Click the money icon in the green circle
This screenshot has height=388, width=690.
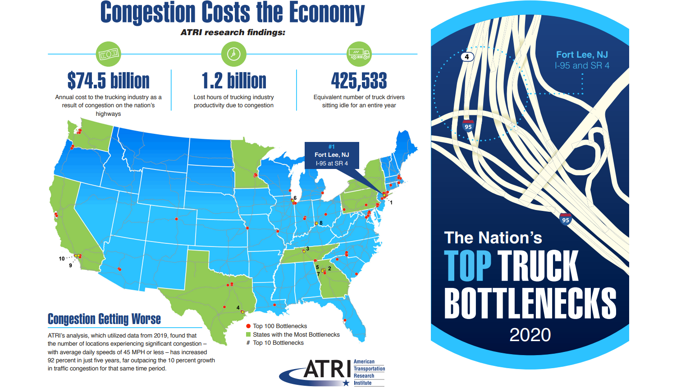tap(109, 54)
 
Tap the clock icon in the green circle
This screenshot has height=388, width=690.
tap(233, 54)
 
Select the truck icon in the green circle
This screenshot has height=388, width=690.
tap(359, 54)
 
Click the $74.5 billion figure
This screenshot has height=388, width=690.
tap(108, 81)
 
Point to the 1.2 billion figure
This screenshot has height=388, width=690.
tap(233, 81)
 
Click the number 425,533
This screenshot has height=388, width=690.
tap(359, 81)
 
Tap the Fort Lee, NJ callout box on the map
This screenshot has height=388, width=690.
tap(332, 155)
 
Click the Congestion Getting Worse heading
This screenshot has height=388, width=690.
tap(104, 319)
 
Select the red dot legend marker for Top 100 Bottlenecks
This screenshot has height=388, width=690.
tap(248, 326)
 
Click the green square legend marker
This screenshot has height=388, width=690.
tap(248, 334)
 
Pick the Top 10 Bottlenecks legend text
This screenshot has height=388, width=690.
tap(278, 343)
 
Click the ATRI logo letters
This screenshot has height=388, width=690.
tap(327, 370)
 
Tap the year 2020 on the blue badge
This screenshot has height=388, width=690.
tap(530, 335)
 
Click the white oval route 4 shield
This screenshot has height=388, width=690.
tap(467, 57)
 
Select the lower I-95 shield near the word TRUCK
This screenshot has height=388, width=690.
tap(566, 219)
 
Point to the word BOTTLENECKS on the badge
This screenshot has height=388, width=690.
tap(530, 303)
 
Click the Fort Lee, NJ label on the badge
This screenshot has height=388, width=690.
tap(582, 55)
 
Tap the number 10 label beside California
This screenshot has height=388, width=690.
tap(62, 259)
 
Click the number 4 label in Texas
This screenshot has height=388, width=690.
tap(238, 308)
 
